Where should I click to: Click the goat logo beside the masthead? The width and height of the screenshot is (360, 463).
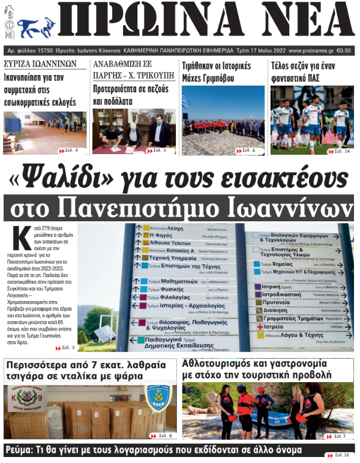pos(37,27)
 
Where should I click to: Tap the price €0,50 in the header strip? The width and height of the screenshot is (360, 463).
pos(344,50)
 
